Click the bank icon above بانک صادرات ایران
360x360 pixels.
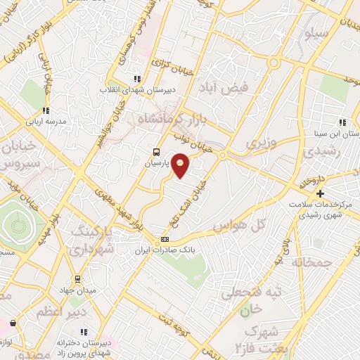coord(165,240)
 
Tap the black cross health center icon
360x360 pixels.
coord(320,193)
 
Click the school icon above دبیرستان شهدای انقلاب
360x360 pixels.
coord(136,79)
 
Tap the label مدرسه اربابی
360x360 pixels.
coord(46,122)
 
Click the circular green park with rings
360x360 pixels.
coord(16,226)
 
